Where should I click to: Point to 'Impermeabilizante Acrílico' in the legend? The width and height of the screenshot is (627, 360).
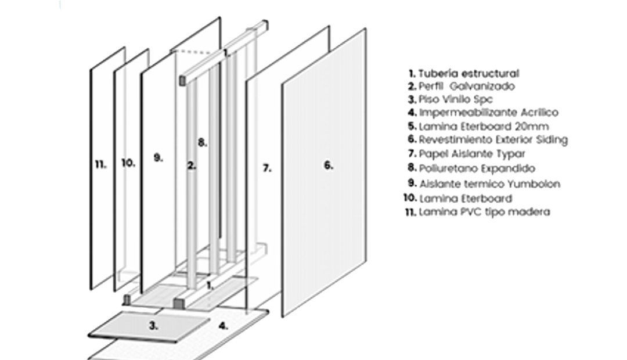(x=488, y=112)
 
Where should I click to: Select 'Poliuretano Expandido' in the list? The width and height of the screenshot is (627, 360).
(x=477, y=168)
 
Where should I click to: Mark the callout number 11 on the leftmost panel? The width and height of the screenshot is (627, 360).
(x=100, y=165)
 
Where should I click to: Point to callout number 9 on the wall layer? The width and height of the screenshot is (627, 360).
(x=158, y=158)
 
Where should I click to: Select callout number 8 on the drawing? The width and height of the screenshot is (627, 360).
(x=202, y=142)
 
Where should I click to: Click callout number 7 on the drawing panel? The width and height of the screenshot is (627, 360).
(x=266, y=168)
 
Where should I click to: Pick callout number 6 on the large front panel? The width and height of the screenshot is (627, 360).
(x=328, y=165)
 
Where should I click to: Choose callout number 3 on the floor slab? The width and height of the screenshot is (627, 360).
(x=153, y=326)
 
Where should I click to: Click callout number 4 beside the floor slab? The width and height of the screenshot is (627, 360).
(x=223, y=326)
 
